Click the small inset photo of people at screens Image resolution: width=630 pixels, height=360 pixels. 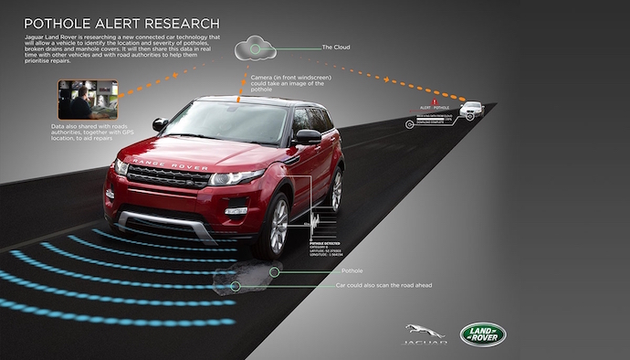(87, 100)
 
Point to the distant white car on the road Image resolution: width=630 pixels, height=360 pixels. (471, 109)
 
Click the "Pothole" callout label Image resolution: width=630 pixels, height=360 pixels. (351, 271)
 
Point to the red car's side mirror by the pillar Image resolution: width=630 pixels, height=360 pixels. (308, 137)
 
